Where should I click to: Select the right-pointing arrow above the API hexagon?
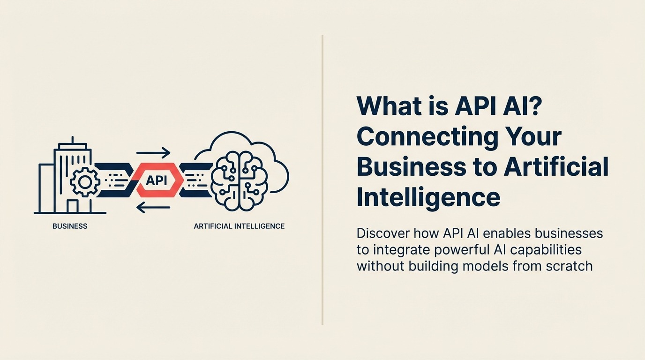153,153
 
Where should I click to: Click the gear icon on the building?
84,181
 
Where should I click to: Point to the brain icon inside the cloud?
238,180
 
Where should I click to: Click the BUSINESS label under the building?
70,226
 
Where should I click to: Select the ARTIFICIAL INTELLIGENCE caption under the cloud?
239,226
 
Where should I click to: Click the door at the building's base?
72,206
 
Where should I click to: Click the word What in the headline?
389,107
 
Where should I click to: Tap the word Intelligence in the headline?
428,197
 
